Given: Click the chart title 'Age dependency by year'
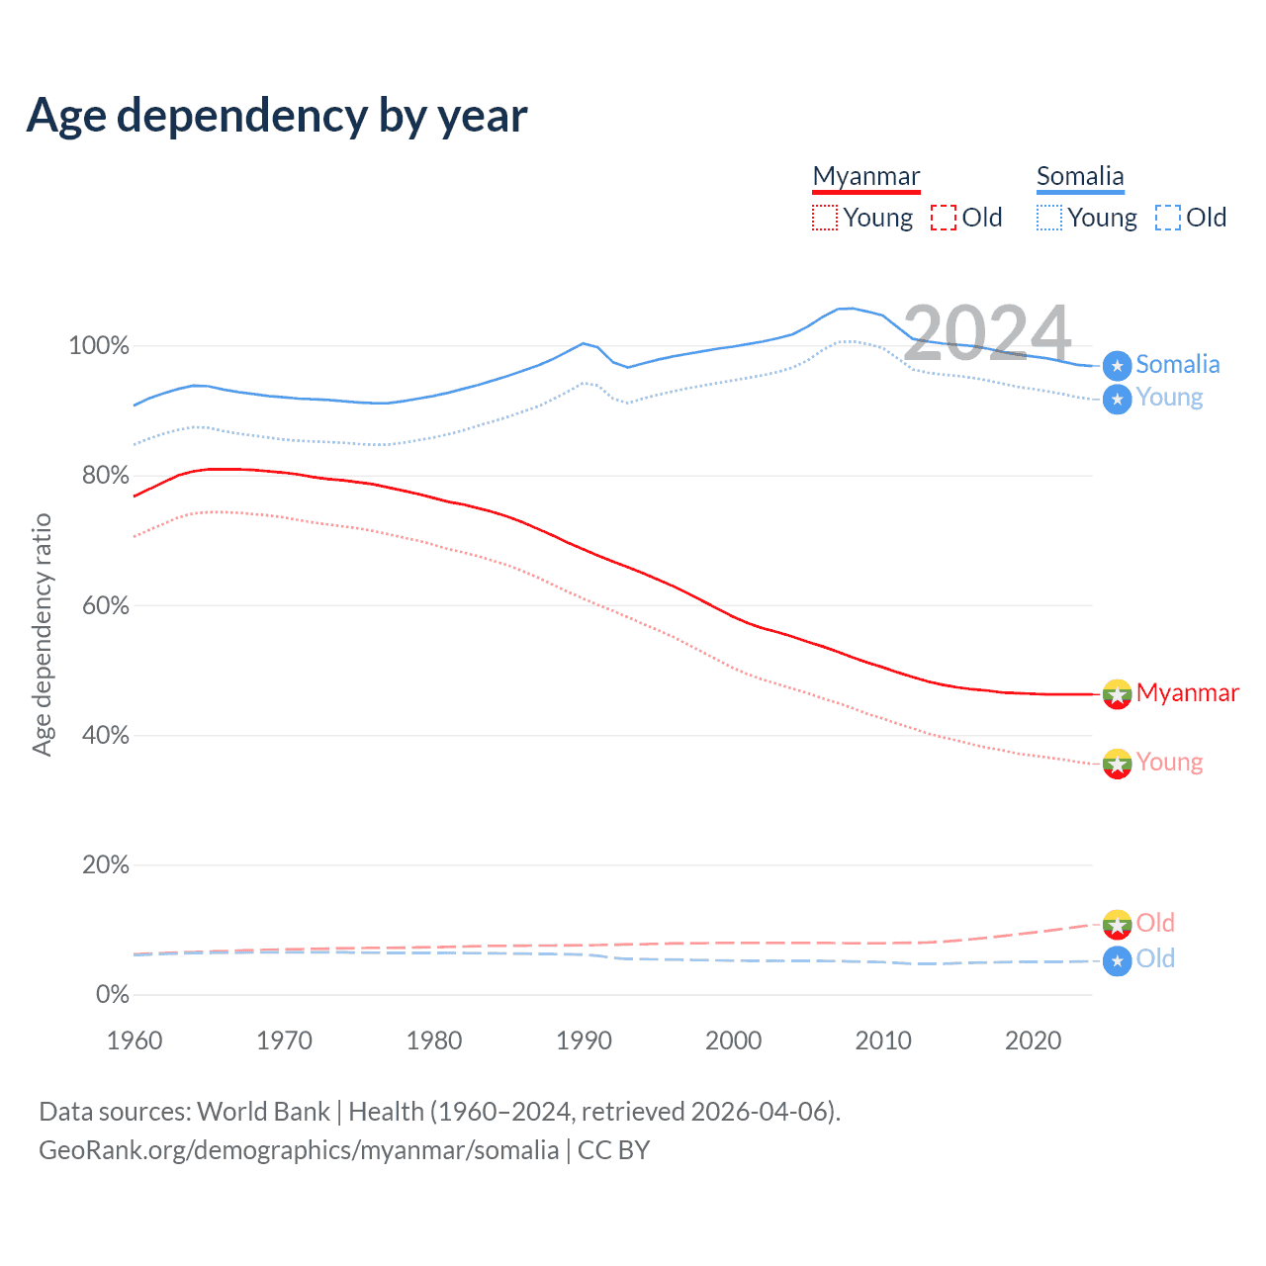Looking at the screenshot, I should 277,116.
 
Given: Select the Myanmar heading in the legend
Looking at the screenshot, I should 866,176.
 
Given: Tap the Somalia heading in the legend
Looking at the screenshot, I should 1080,176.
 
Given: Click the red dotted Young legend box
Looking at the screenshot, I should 824,218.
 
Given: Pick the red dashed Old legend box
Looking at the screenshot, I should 944,218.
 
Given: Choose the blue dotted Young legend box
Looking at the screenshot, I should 1049,218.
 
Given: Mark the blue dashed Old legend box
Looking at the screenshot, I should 1168,218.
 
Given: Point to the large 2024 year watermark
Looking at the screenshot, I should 987,333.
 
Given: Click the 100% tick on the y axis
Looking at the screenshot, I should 99,346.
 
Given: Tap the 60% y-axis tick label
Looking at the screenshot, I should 106,605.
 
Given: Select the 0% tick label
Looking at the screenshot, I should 113,995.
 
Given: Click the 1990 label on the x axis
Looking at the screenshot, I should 584,1040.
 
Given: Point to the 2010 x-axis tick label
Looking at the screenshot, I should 883,1040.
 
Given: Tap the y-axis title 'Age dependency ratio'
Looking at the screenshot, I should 42,634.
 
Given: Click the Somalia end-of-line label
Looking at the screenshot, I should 1177,364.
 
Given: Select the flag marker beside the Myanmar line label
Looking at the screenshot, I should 1117,694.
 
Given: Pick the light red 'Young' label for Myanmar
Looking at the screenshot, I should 1169,762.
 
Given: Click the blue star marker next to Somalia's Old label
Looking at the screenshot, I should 1117,960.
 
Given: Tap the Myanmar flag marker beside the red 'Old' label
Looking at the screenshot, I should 1117,924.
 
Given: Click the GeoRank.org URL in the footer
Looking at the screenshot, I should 299,1150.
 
